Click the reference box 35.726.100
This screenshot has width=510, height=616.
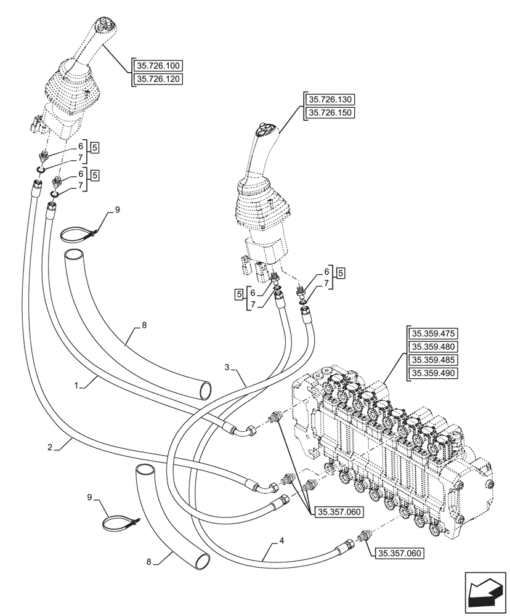(x=158, y=66)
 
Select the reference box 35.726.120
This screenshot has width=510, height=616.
(x=158, y=79)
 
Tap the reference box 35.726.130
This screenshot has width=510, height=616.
(x=331, y=100)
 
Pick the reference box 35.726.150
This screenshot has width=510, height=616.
(x=331, y=113)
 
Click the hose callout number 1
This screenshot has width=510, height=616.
(x=77, y=386)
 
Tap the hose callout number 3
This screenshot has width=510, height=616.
(x=227, y=368)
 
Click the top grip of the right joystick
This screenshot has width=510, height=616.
(x=267, y=132)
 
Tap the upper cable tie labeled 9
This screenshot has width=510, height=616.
(x=79, y=234)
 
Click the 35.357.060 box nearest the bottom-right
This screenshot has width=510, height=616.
(x=399, y=554)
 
